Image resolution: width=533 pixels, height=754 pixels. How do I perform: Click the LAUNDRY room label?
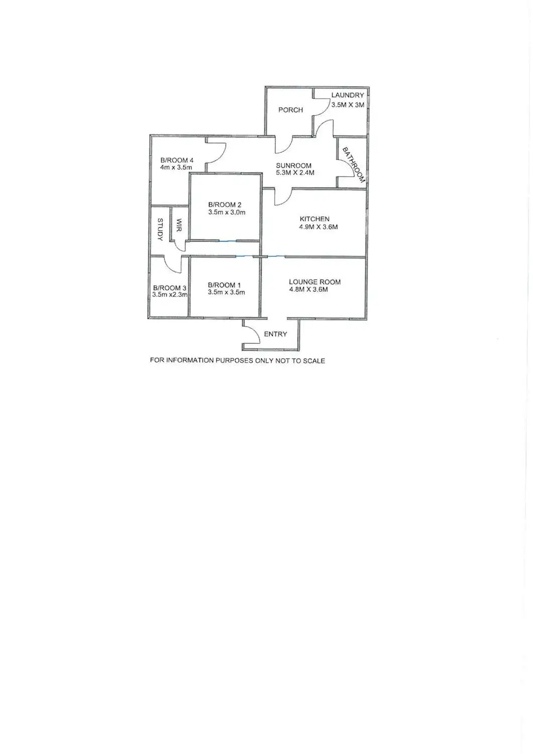pyautogui.click(x=348, y=96)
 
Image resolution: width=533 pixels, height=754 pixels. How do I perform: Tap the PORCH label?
pyautogui.click(x=291, y=110)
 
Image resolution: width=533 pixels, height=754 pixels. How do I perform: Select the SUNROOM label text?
pyautogui.click(x=294, y=165)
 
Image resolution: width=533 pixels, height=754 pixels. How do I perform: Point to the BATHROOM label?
pyautogui.click(x=354, y=165)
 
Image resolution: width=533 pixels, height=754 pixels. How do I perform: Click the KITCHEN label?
pyautogui.click(x=314, y=219)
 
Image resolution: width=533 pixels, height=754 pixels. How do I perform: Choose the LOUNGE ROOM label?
pyautogui.click(x=315, y=282)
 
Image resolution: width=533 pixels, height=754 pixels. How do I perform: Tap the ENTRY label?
pyautogui.click(x=276, y=334)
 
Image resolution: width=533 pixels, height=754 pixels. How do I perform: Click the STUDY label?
pyautogui.click(x=160, y=230)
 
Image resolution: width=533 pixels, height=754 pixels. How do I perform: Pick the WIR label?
pyautogui.click(x=179, y=225)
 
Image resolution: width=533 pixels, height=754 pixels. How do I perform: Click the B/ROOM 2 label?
pyautogui.click(x=225, y=205)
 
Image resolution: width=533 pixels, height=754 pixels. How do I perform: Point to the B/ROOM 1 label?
pyautogui.click(x=224, y=285)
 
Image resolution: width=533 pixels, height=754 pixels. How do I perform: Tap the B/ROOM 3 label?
pyautogui.click(x=170, y=288)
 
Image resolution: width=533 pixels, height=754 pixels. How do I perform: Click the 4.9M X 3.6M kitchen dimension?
pyautogui.click(x=318, y=227)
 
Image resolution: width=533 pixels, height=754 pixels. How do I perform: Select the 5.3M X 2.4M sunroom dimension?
pyautogui.click(x=295, y=173)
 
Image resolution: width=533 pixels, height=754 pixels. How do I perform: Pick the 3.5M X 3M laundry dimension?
pyautogui.click(x=348, y=105)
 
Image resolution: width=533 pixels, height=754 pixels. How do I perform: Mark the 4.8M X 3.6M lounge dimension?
pyautogui.click(x=308, y=290)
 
